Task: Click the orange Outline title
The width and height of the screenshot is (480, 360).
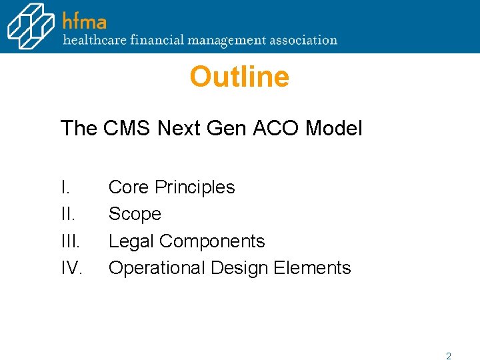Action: point(239,77)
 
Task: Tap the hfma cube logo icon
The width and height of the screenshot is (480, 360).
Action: point(31,26)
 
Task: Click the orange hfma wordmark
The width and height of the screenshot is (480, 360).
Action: point(85,20)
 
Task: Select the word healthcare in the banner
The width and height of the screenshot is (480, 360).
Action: point(93,40)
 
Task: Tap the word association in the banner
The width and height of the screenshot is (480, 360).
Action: point(305,40)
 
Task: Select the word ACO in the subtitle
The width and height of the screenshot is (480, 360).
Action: point(277,128)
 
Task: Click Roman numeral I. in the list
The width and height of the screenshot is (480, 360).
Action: point(65,187)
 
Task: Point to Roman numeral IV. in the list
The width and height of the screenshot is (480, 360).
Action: point(71,268)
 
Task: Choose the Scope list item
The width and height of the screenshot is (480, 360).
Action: point(135,214)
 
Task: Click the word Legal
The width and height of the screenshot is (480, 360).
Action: point(131,241)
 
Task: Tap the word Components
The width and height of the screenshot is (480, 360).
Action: point(212,241)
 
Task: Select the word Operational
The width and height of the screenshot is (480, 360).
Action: point(157,268)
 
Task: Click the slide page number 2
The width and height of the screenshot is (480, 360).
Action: point(449,356)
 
